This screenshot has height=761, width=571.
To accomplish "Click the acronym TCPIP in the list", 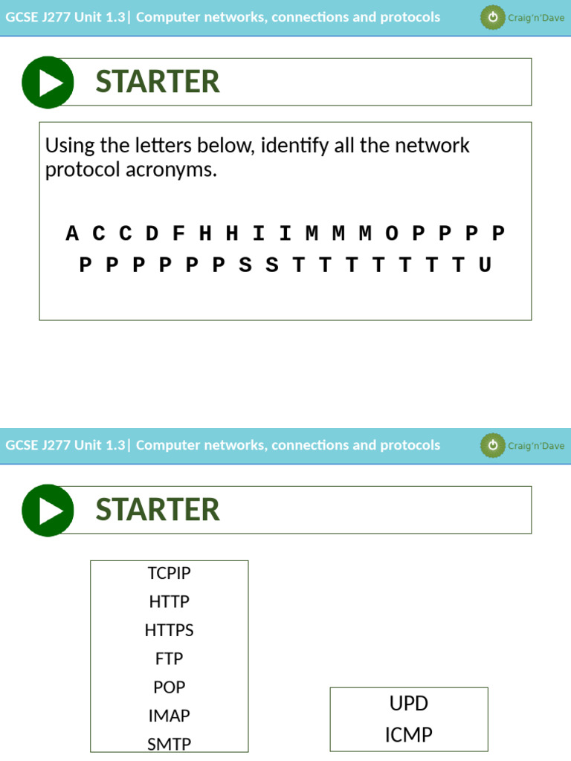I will [x=169, y=573].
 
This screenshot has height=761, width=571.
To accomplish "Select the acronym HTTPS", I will [x=169, y=630].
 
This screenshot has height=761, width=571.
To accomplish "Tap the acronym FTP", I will [x=169, y=658].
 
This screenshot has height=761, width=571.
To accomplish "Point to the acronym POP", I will [x=169, y=687].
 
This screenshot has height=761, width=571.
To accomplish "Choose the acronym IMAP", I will [x=169, y=716].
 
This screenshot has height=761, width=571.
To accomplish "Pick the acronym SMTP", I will [x=169, y=744].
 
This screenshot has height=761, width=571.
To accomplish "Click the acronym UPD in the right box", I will [x=409, y=704].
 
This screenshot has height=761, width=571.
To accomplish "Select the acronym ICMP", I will [x=409, y=735].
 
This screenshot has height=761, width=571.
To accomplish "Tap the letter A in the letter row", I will [x=72, y=233].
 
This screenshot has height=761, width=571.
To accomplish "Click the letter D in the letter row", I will [x=152, y=233].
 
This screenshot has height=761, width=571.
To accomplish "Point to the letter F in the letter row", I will [x=178, y=233].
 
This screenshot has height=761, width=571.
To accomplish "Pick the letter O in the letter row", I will [x=392, y=233].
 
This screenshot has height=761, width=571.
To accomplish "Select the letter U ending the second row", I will [x=485, y=265].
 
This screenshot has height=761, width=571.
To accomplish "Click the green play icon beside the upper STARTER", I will [x=48, y=82].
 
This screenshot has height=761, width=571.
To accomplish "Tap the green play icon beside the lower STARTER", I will [x=48, y=511].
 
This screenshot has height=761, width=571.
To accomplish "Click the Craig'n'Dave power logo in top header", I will [x=491, y=18].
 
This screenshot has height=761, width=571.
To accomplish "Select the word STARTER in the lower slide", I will [x=158, y=510].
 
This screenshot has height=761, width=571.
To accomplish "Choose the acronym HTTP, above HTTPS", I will [x=169, y=601].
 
